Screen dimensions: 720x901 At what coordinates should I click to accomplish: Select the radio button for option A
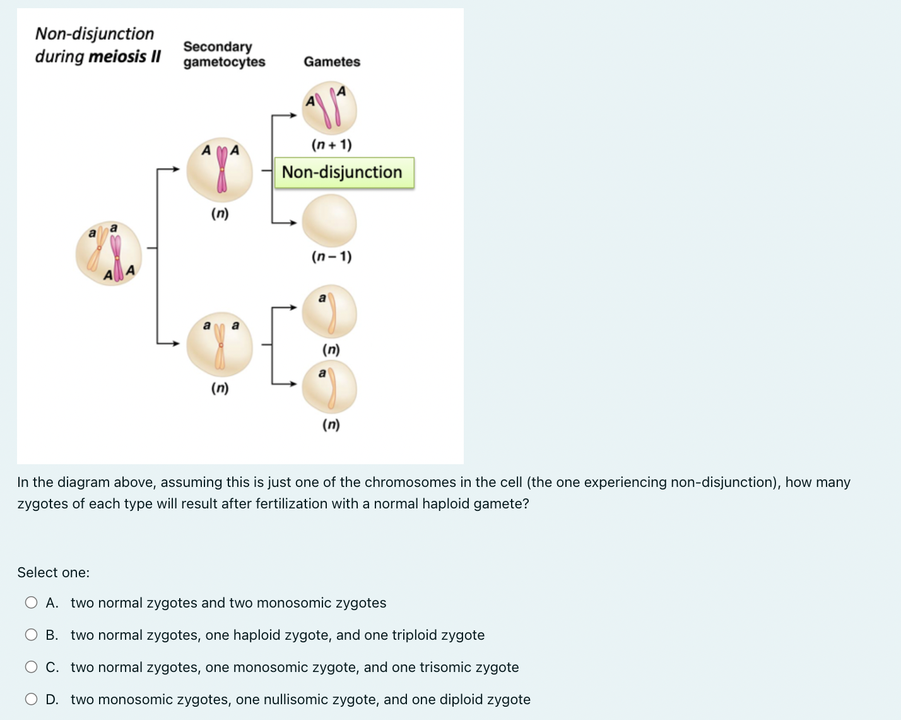tap(31, 603)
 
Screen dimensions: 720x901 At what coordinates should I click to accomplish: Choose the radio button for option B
tap(31, 635)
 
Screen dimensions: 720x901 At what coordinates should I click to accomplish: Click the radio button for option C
tap(31, 667)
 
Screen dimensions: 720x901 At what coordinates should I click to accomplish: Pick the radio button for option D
tap(31, 699)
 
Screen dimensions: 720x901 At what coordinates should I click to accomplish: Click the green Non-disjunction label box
tap(344, 172)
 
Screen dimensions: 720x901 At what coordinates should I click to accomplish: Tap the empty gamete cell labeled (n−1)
tap(329, 220)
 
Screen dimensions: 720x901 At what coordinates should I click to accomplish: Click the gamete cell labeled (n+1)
tap(329, 108)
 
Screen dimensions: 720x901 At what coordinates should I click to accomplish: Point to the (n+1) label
tap(331, 145)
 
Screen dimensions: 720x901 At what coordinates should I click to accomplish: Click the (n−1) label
tap(331, 256)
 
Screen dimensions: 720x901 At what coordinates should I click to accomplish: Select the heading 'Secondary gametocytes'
tap(224, 54)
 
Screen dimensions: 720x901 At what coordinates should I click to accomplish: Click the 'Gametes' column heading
tap(332, 62)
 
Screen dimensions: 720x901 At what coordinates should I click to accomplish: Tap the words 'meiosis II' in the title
tap(125, 57)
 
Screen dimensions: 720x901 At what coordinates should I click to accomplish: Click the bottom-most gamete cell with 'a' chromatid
tap(329, 387)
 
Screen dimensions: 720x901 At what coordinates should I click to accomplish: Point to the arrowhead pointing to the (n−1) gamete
tap(292, 222)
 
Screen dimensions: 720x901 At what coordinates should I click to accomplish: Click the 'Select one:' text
tap(54, 573)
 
